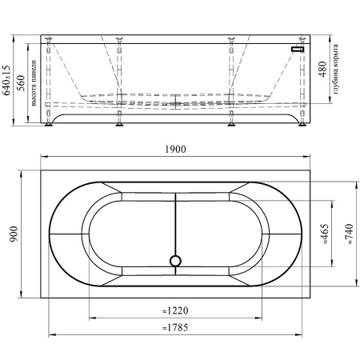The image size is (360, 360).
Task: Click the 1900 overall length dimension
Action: tap(175, 149)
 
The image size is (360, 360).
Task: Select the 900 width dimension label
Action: tap(14, 234)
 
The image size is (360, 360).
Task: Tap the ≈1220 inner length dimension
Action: tap(175, 310)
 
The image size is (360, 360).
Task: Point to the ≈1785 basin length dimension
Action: tap(175, 327)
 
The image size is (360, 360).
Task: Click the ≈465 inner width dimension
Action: tap(326, 234)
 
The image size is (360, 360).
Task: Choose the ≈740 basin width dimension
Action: tap(350, 234)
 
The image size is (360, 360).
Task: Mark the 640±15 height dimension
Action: tap(6, 80)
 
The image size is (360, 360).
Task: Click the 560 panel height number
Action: tap(21, 83)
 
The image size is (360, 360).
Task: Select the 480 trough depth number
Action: tap(322, 70)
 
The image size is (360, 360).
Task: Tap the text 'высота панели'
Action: tap(34, 83)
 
